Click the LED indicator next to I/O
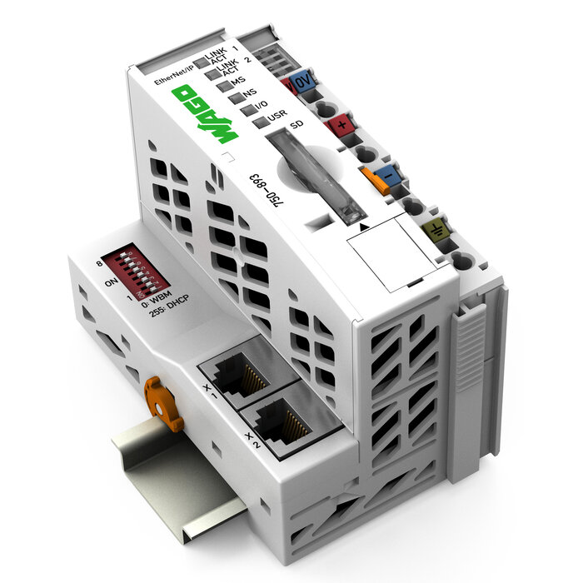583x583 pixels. click(248, 109)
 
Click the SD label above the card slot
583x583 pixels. click(296, 125)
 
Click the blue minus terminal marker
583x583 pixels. click(384, 175)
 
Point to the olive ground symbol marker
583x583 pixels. click(436, 228)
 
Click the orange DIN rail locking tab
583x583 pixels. click(163, 404)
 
